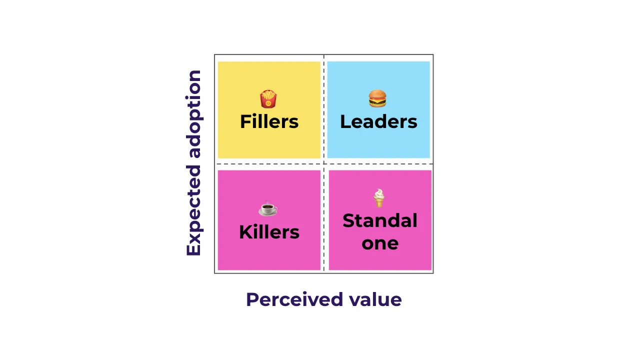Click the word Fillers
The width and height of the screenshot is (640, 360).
pyautogui.click(x=269, y=122)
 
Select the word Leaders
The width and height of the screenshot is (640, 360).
pyautogui.click(x=378, y=122)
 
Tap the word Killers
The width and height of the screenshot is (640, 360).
pyautogui.click(x=269, y=232)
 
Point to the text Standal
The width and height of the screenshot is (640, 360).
pyautogui.click(x=380, y=220)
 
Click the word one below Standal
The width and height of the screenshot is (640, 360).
pyautogui.click(x=380, y=243)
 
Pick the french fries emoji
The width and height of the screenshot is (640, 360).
pyautogui.click(x=268, y=99)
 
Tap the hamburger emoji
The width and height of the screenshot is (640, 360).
pyautogui.click(x=377, y=98)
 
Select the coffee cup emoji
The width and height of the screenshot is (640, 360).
pyautogui.click(x=268, y=208)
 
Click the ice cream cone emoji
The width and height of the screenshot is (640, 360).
pyautogui.click(x=379, y=198)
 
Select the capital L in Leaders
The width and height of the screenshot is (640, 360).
pyautogui.click(x=344, y=122)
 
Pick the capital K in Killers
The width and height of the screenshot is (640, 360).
pyautogui.click(x=245, y=232)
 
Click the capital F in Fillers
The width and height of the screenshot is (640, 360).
pyautogui.click(x=244, y=122)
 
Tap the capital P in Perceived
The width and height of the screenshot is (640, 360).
pyautogui.click(x=252, y=299)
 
